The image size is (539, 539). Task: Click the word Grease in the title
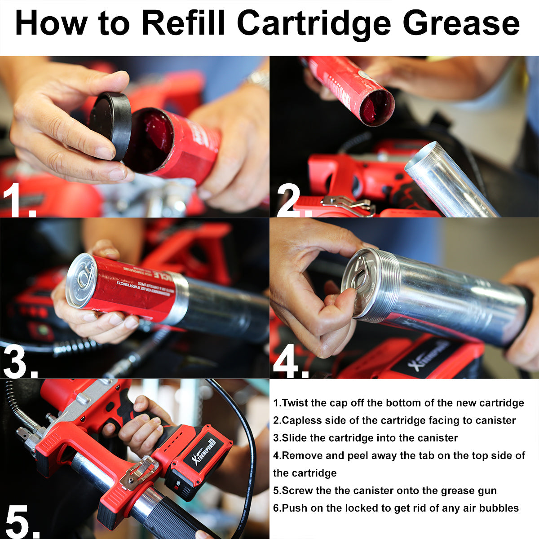point(461,23)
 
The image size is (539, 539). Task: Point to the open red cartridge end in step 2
point(376,108)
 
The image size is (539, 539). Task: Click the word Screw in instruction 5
point(297,490)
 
